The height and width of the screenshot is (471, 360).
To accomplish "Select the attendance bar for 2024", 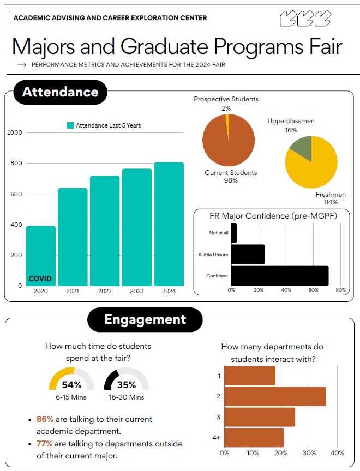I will click(x=169, y=224).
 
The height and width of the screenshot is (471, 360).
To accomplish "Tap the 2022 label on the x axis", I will click(x=105, y=291).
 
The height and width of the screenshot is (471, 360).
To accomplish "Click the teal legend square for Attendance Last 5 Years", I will click(x=70, y=125).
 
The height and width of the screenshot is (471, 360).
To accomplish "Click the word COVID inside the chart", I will click(x=40, y=279).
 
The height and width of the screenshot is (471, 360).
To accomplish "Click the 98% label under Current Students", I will click(x=231, y=180).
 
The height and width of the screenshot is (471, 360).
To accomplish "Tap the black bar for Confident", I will click(x=280, y=276).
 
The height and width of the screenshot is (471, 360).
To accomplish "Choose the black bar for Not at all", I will click(x=234, y=233).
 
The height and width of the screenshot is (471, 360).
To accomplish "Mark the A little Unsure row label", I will click(x=213, y=255).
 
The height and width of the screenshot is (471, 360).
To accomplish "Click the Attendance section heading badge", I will click(x=60, y=92).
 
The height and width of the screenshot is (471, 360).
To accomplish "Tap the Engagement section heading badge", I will click(x=145, y=319).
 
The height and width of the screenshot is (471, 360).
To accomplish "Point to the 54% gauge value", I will click(x=72, y=384).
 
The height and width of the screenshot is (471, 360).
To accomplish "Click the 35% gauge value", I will click(x=127, y=384).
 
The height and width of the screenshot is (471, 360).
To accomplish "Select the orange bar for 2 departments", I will click(x=275, y=396).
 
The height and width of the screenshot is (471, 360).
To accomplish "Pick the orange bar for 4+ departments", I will click(x=254, y=438).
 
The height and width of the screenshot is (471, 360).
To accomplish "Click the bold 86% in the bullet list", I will click(x=45, y=419).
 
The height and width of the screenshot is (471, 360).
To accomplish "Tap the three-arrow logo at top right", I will click(x=305, y=19).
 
